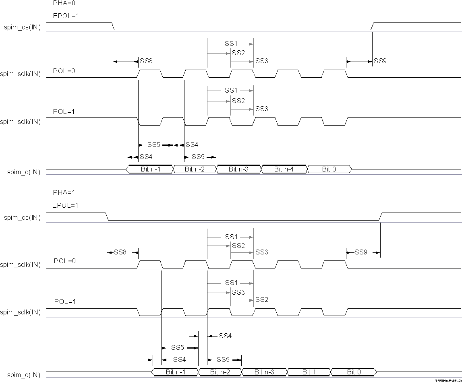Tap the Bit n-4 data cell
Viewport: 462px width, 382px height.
click(x=284, y=169)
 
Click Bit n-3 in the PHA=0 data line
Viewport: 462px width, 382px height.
click(x=239, y=169)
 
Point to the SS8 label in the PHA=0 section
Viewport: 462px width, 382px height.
click(x=146, y=61)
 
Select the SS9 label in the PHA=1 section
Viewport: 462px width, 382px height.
click(x=361, y=252)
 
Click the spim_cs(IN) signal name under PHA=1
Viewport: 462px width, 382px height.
click(x=23, y=218)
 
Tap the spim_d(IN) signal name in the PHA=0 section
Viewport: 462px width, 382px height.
click(x=24, y=172)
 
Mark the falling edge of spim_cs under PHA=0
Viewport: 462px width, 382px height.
click(x=113, y=26)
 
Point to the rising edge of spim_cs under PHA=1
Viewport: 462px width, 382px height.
click(x=381, y=217)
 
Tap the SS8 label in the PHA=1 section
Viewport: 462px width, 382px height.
click(x=120, y=252)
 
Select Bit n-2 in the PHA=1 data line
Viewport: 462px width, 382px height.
click(x=220, y=372)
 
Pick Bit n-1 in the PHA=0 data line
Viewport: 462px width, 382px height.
click(x=151, y=169)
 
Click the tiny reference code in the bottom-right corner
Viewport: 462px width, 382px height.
click(x=448, y=380)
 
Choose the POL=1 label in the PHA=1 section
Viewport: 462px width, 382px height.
click(x=64, y=301)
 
